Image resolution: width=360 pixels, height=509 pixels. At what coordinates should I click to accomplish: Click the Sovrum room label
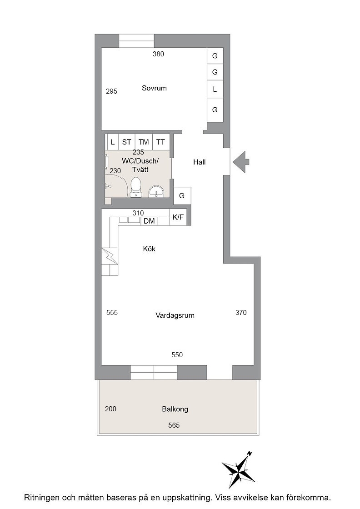[x=154, y=88]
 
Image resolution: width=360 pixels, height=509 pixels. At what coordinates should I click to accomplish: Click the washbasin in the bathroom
[x=157, y=192]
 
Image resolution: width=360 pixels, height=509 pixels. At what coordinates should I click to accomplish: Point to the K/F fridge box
[x=178, y=217]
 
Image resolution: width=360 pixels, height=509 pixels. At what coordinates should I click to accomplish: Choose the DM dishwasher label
[x=149, y=221]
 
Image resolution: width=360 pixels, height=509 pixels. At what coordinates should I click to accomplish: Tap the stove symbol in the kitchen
[x=110, y=256]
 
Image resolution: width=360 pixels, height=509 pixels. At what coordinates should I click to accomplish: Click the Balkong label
[x=175, y=409]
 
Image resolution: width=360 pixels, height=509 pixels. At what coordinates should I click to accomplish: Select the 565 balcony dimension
[x=174, y=425]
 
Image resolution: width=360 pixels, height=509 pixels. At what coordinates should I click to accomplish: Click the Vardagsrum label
[x=175, y=315]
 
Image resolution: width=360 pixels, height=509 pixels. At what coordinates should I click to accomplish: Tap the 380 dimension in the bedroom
[x=159, y=54]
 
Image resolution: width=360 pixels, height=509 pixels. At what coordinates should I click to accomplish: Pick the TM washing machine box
[x=144, y=142]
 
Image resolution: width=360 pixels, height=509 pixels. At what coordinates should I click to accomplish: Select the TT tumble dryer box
[x=160, y=142]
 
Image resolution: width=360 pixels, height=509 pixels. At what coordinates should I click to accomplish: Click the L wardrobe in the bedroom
[x=215, y=89]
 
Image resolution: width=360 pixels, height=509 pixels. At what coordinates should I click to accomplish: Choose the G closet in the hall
[x=182, y=196]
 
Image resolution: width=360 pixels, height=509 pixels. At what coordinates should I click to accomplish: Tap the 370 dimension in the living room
[x=241, y=313]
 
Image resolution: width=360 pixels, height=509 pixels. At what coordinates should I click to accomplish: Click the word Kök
[x=150, y=249]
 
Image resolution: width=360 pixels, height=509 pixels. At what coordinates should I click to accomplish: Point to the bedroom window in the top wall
[x=136, y=41]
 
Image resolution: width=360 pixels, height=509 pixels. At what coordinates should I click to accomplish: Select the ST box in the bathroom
[x=127, y=142]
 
